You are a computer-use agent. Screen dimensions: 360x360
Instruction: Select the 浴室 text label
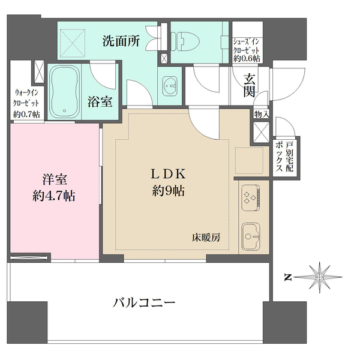(x=100, y=101)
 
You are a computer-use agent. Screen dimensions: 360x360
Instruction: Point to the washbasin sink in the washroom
(x=170, y=86)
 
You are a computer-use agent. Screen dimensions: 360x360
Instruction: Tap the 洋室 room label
(x=54, y=178)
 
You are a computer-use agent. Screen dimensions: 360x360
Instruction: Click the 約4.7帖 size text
(x=55, y=196)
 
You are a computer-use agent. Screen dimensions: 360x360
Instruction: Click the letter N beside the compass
(x=287, y=277)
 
